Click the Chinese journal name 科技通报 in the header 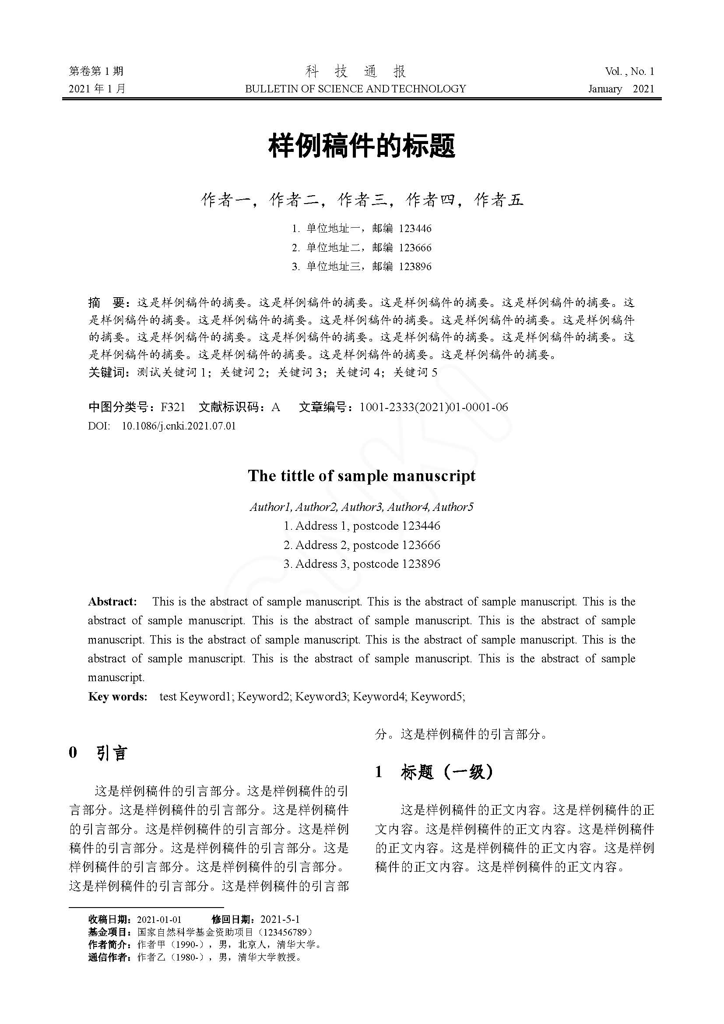(x=355, y=71)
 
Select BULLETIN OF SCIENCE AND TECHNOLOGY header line (x=355, y=89)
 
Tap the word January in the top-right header (x=605, y=89)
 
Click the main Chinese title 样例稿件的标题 (x=362, y=146)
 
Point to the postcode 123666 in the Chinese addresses (x=415, y=247)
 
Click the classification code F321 (x=172, y=407)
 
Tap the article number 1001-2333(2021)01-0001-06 (x=433, y=407)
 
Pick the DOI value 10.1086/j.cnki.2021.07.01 (x=178, y=426)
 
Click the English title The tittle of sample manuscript (x=362, y=476)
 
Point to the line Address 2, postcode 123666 (x=362, y=545)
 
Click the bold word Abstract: (x=112, y=602)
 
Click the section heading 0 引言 (x=98, y=753)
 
